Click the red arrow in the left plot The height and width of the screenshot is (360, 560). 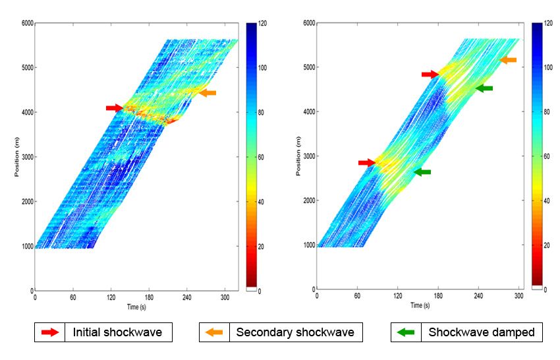click(114, 107)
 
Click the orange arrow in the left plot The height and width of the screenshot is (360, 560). click(208, 93)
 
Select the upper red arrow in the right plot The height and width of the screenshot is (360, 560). click(430, 75)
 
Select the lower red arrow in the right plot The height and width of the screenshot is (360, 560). click(366, 162)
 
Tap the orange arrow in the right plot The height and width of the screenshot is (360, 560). click(508, 60)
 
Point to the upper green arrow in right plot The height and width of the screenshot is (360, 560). click(484, 88)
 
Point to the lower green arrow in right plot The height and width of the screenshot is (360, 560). click(422, 172)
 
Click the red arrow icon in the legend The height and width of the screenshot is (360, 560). click(49, 332)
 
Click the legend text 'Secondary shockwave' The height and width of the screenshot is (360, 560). click(294, 332)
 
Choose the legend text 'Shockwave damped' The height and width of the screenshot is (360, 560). click(482, 332)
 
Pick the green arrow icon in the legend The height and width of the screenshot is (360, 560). click(406, 332)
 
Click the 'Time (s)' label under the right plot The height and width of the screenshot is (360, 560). click(420, 305)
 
